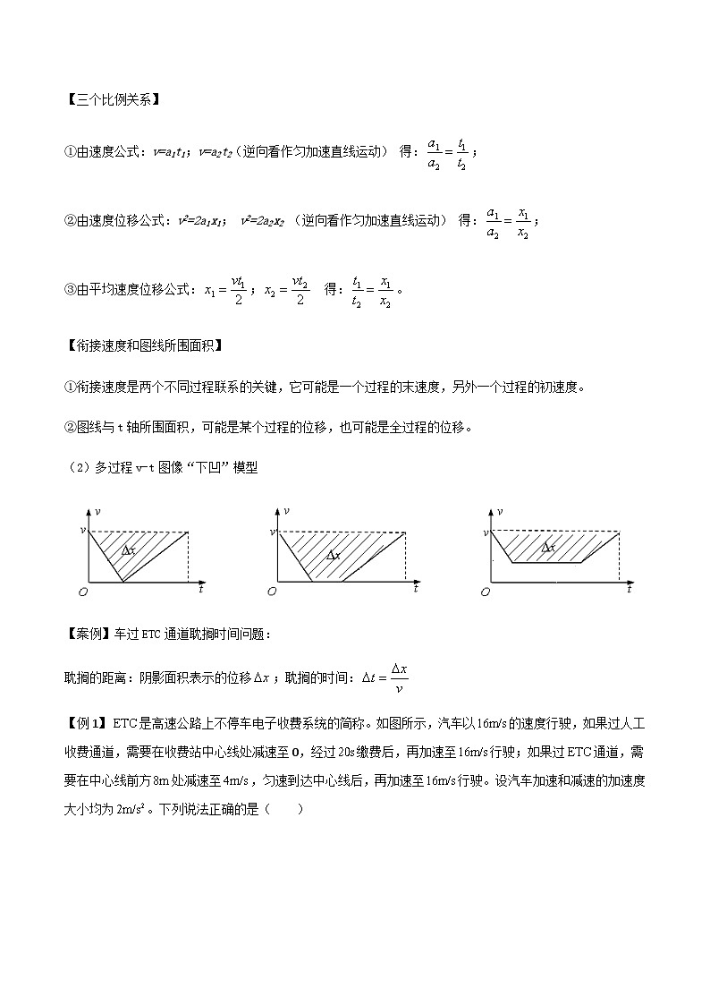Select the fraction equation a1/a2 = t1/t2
(x=447, y=153)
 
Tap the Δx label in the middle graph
(x=334, y=555)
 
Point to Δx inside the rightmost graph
(x=547, y=547)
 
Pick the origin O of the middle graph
(x=272, y=592)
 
